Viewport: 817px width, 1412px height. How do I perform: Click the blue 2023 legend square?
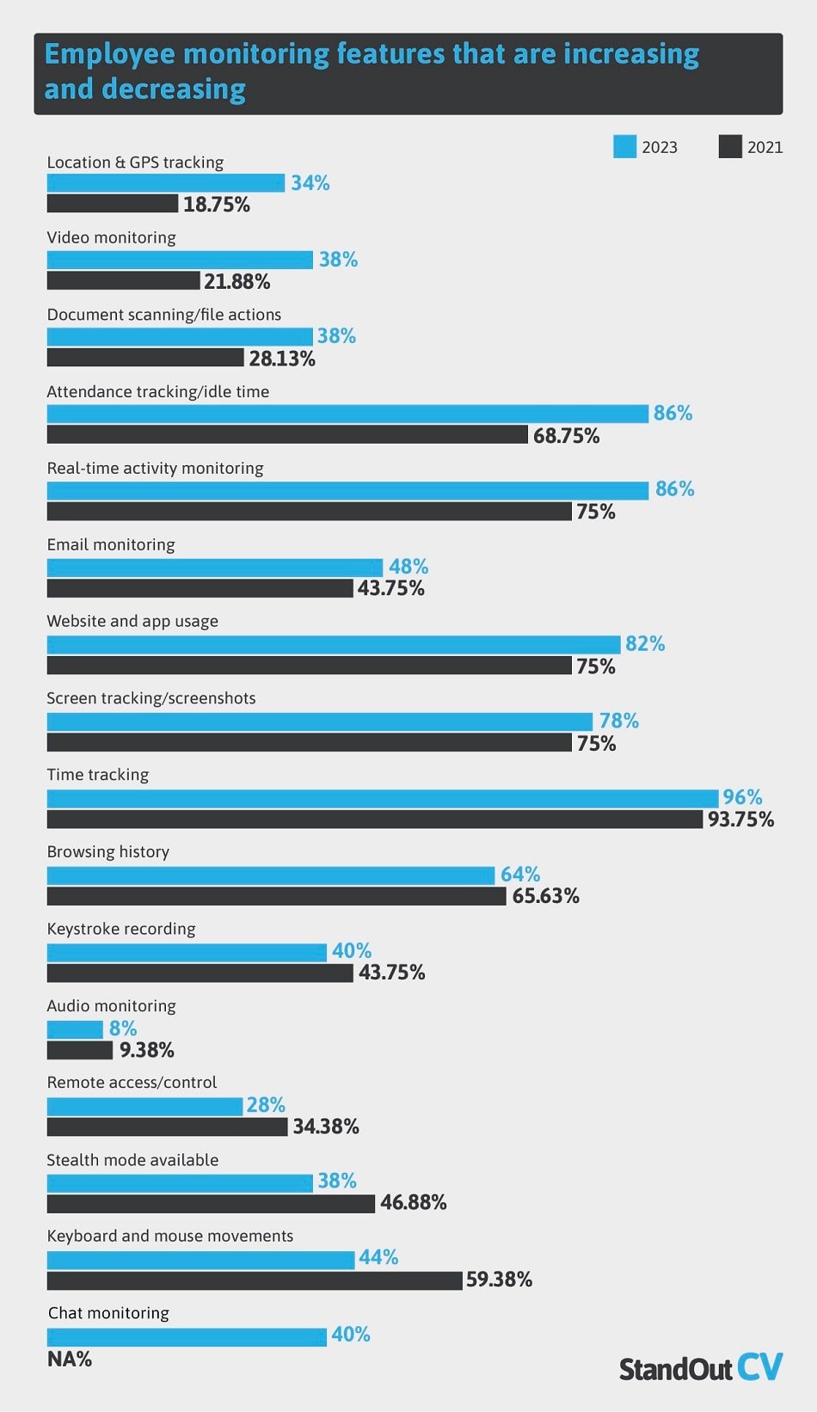[624, 147]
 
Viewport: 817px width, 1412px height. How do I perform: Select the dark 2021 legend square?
[729, 147]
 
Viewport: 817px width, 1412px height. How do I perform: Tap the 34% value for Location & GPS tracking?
[310, 183]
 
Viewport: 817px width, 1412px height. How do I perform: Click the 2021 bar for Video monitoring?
[123, 281]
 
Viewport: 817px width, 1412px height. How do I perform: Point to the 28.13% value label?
[282, 359]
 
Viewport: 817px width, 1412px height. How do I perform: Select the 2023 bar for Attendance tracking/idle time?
[347, 414]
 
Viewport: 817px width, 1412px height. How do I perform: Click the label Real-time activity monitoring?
[155, 468]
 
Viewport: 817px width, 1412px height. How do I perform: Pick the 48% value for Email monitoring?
[408, 567]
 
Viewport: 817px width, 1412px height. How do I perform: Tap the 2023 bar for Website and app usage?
[333, 644]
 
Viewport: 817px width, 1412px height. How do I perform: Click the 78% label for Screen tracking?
[618, 721]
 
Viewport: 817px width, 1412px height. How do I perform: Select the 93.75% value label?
[740, 820]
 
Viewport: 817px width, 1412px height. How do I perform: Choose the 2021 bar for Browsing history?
[275, 896]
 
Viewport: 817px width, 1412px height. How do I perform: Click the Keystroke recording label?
[120, 929]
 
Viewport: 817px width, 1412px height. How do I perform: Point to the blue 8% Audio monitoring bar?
[75, 1029]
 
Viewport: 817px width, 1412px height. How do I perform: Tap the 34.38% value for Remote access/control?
[325, 1127]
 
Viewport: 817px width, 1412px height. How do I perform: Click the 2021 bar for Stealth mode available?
[211, 1203]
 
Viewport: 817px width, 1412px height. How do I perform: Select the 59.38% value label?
[499, 1280]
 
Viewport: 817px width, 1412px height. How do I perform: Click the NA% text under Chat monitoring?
[69, 1360]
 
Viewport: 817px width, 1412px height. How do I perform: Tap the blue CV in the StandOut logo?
[760, 1366]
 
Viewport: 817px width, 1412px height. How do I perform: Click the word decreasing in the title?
[174, 89]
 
